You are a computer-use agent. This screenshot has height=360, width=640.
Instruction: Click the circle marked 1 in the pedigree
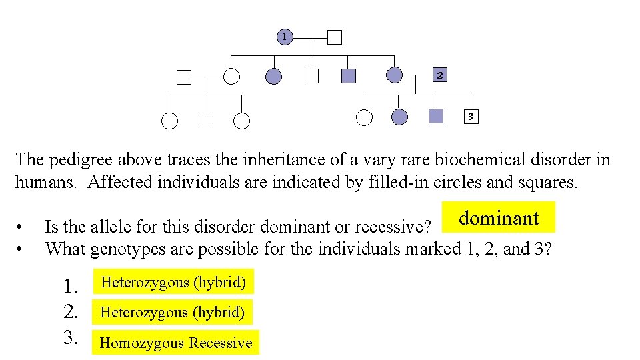coord(285,37)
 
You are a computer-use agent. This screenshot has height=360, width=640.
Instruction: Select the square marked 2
coord(439,75)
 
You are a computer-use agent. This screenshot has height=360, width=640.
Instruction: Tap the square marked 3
coord(470,117)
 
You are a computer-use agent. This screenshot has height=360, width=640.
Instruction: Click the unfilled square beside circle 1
coord(335,37)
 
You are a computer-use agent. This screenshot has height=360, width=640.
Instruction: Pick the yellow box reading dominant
coord(499,218)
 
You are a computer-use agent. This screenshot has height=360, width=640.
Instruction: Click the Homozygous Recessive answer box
coord(175,343)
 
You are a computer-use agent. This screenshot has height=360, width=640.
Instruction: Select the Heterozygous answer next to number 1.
coord(173,282)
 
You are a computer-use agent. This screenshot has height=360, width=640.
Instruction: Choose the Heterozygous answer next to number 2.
coord(172,311)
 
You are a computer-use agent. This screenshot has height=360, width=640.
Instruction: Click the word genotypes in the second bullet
coord(123,249)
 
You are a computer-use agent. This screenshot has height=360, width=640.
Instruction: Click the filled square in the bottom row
coord(436,117)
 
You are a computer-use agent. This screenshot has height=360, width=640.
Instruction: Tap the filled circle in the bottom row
coord(399,118)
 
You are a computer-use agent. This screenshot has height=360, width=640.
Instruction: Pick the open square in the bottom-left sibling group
coord(206,121)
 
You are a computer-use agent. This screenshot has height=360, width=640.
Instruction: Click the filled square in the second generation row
coord(348,76)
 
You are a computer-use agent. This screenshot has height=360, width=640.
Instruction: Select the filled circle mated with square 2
coord(395,75)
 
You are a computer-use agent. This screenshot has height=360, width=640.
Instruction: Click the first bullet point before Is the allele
coord(22,226)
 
